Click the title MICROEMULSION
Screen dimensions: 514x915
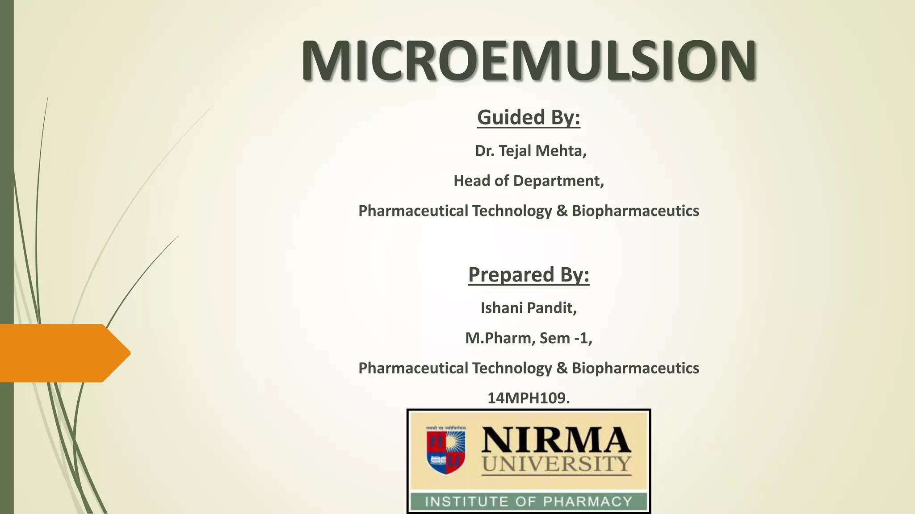pyautogui.click(x=529, y=61)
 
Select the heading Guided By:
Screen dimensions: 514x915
pyautogui.click(x=529, y=117)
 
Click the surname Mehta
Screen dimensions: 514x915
pyautogui.click(x=560, y=151)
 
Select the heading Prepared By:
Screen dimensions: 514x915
pyautogui.click(x=529, y=274)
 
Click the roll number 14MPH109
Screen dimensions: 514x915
pyautogui.click(x=528, y=398)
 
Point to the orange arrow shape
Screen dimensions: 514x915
pyautogui.click(x=63, y=353)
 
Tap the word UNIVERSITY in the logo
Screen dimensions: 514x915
pyautogui.click(x=556, y=464)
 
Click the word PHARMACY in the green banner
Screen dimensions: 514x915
pyautogui.click(x=588, y=502)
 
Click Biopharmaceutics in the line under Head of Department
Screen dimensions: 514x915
pyautogui.click(x=635, y=211)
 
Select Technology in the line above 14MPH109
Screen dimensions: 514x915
pyautogui.click(x=512, y=368)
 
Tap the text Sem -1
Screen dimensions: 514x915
pyautogui.click(x=566, y=338)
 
